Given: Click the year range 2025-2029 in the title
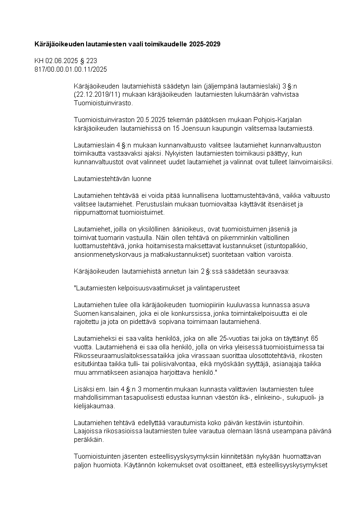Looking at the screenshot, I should (206, 44).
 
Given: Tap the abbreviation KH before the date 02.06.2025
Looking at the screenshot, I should (39, 61).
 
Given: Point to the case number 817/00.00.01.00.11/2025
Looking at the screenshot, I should (71, 69).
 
